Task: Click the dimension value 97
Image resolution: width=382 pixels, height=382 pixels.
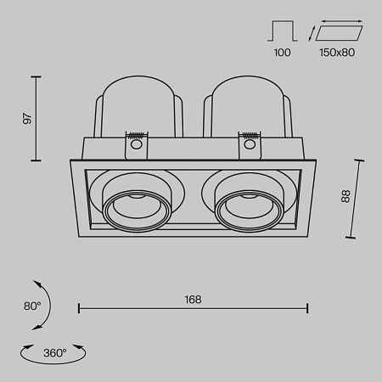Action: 27,119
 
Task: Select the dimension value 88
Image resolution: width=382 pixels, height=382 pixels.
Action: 345,197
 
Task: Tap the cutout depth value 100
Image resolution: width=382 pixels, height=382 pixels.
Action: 283,52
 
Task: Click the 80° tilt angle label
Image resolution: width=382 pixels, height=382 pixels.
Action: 31,306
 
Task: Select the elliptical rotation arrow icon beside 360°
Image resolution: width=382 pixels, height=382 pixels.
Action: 53,355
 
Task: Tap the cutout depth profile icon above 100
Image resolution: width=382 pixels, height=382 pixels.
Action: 283,32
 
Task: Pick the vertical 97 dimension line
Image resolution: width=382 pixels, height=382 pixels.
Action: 37,119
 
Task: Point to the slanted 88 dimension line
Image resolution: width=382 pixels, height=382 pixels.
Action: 355,197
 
